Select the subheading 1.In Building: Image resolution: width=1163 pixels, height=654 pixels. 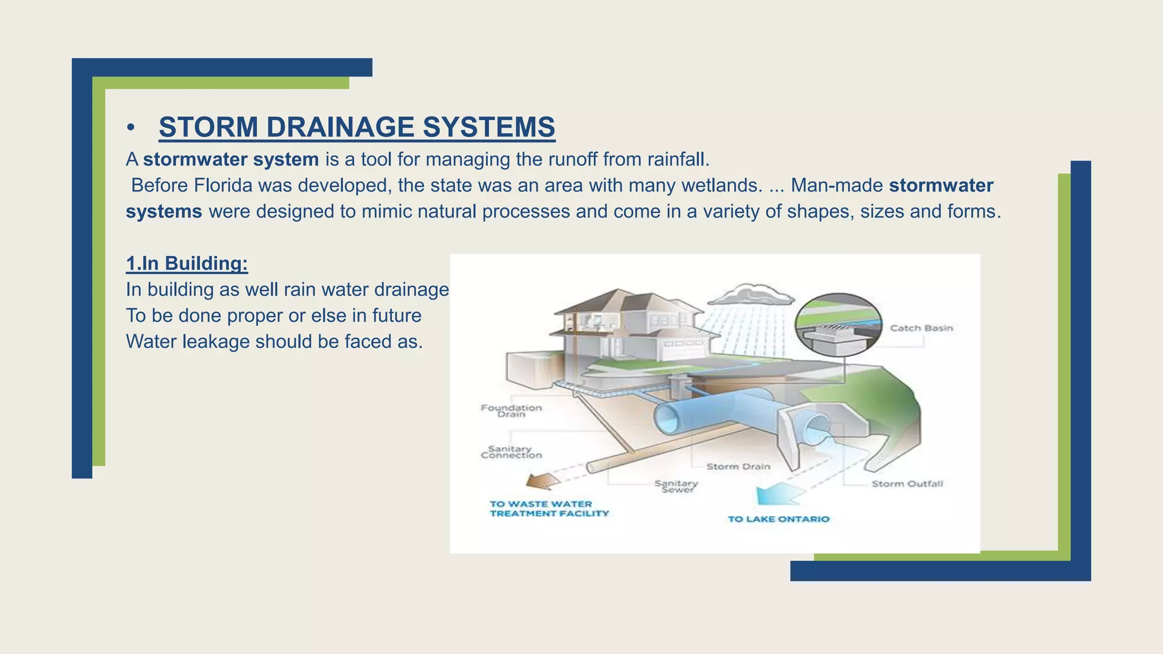click(x=187, y=263)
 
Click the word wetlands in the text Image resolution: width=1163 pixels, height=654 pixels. click(x=721, y=185)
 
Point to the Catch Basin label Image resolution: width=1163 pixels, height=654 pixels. click(x=921, y=328)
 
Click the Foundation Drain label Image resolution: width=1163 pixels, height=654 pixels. click(x=511, y=410)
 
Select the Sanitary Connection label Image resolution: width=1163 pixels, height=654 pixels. click(x=511, y=452)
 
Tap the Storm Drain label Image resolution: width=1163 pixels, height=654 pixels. click(x=738, y=467)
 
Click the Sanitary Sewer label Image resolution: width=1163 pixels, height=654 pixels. click(x=676, y=487)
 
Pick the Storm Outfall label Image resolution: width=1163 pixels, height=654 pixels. click(x=907, y=484)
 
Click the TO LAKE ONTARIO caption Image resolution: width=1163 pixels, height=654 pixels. click(x=779, y=519)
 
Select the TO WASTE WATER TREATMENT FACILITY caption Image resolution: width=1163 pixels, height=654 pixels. click(x=549, y=509)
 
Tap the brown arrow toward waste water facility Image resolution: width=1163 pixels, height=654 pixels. click(x=542, y=481)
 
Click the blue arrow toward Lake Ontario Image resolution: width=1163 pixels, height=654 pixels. click(x=778, y=494)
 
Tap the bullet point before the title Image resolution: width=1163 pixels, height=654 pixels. click(x=131, y=128)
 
